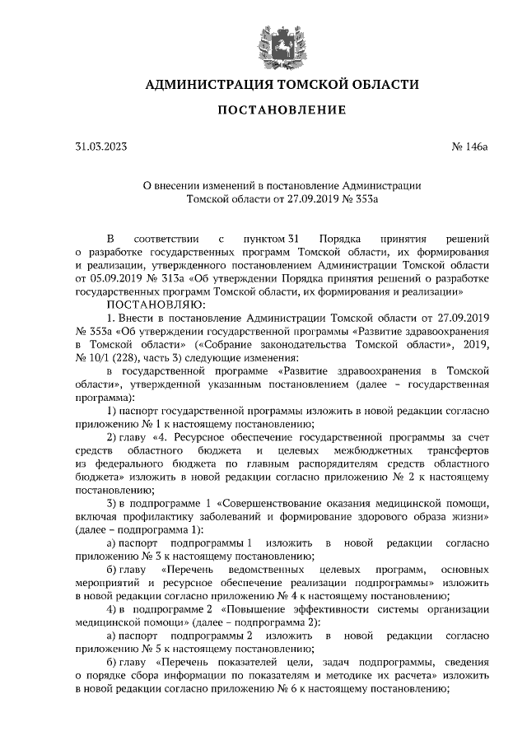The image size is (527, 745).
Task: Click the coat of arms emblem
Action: tap(263, 41)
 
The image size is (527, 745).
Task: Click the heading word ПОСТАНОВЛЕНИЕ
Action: tap(263, 109)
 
